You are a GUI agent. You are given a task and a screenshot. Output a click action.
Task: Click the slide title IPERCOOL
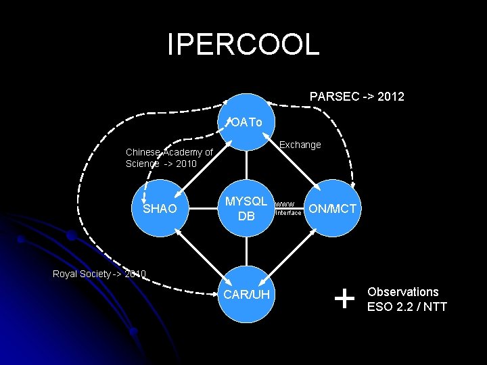point(243,45)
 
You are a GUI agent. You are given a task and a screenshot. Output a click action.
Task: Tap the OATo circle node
point(247,122)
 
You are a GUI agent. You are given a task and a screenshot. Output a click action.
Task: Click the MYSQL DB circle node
point(247,208)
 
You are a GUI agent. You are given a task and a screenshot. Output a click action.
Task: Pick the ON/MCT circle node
point(332,208)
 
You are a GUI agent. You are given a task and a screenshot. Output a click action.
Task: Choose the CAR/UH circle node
point(247,294)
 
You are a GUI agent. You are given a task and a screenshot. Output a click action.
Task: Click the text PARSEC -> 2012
point(356,97)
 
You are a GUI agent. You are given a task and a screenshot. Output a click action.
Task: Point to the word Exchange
point(300,145)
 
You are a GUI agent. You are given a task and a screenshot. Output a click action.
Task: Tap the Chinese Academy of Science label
point(169,158)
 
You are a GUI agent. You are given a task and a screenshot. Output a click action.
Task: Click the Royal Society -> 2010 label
point(99,274)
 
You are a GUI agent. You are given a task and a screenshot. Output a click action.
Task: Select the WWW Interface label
point(287,208)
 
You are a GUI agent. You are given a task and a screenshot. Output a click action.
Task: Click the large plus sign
point(344,297)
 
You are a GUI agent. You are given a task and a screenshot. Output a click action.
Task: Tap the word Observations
point(402,292)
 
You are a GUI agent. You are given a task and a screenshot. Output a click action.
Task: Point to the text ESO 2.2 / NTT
point(407,307)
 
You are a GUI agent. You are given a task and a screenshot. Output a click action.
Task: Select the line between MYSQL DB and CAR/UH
point(247,250)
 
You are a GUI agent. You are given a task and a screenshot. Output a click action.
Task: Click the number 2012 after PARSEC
point(391,97)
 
